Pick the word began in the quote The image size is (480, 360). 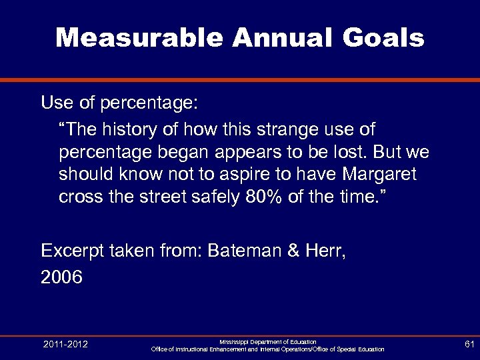182,151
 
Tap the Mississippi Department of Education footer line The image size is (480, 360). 268,341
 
